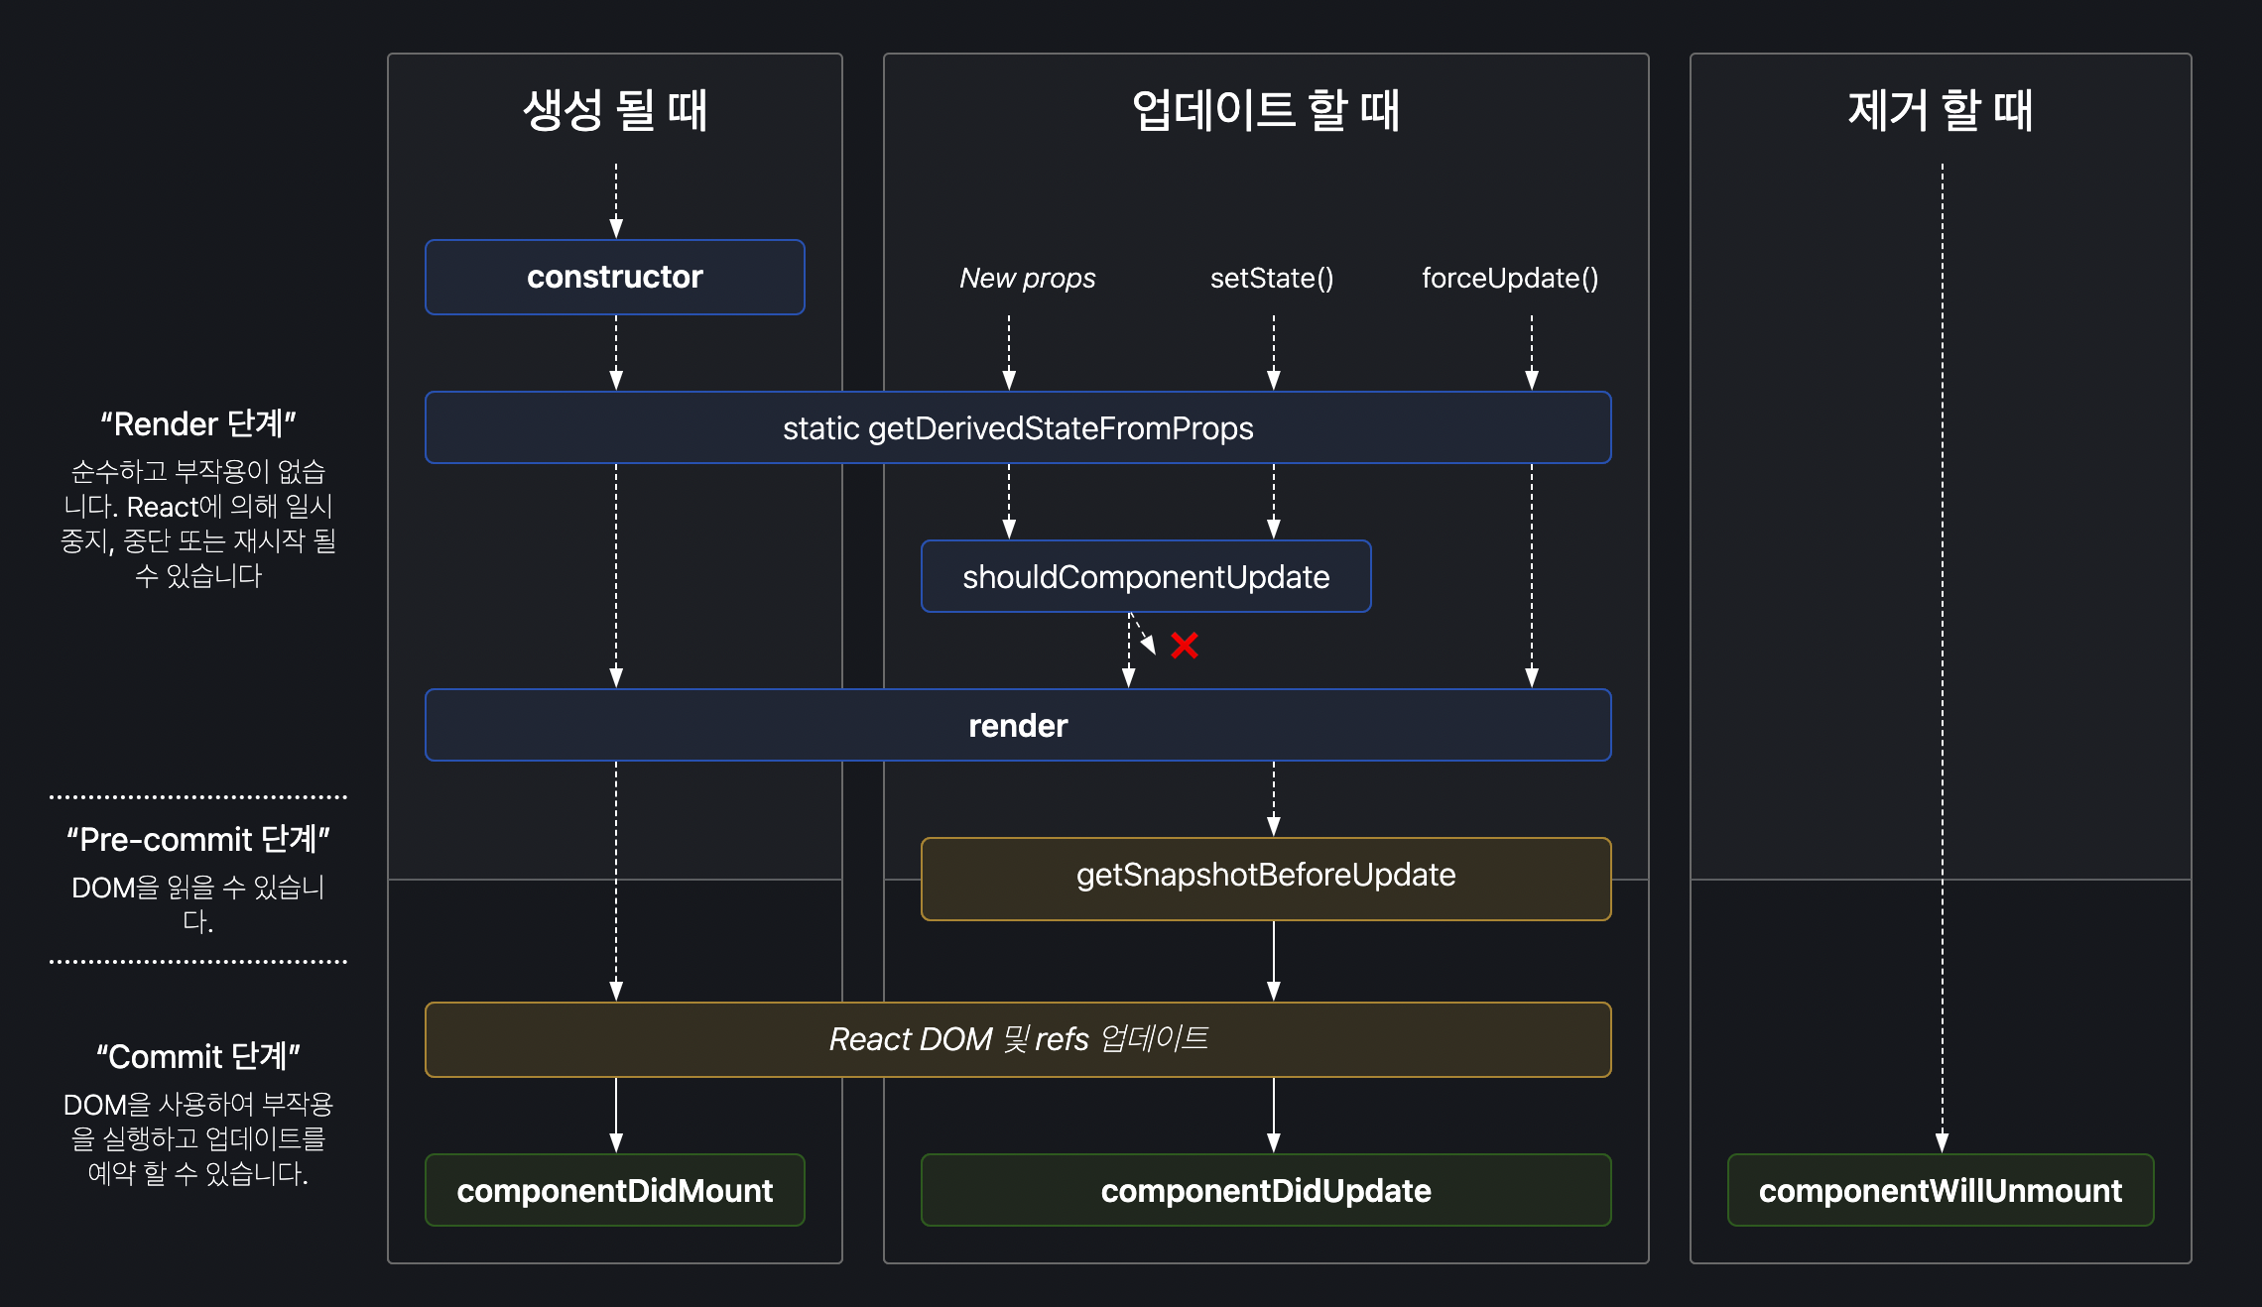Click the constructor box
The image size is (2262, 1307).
pos(614,277)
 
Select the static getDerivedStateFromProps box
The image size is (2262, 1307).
pos(1018,428)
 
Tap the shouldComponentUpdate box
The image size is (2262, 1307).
pos(1146,577)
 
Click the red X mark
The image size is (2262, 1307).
pos(1184,646)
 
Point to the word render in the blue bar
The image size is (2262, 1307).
pos(1018,726)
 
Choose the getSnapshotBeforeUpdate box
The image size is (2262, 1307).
pos(1266,876)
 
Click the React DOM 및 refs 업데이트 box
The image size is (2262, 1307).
pos(1018,1039)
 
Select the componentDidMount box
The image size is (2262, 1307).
pos(614,1190)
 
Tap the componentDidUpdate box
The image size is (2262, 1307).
pos(1266,1190)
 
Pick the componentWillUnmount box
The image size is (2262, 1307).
pos(1940,1190)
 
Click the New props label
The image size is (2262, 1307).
pos(1027,279)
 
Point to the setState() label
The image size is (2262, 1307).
pos(1272,279)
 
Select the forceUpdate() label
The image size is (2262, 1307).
pos(1509,279)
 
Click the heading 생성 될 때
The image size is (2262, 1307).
pos(614,110)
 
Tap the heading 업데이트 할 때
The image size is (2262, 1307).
pos(1265,110)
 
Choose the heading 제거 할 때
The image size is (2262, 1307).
pos(1940,110)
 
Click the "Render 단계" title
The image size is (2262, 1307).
pos(198,424)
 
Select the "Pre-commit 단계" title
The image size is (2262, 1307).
pos(198,840)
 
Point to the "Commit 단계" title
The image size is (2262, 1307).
pos(198,1057)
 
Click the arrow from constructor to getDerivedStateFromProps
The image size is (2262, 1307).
pos(616,353)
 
